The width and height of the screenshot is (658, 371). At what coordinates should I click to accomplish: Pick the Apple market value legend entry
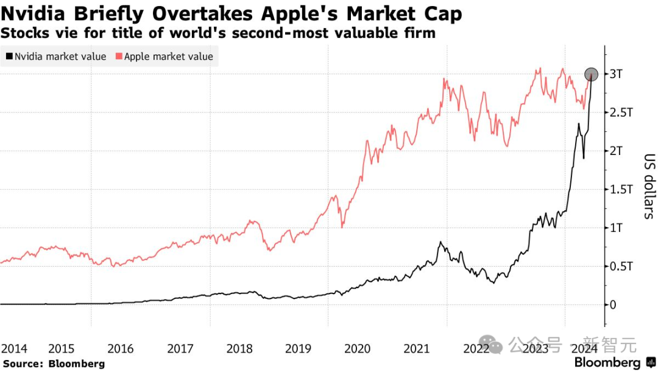(169, 57)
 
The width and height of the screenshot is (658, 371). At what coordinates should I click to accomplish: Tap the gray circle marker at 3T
(591, 74)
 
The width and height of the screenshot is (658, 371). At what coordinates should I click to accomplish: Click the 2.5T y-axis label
(620, 113)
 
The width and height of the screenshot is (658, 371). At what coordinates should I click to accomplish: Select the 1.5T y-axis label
(620, 190)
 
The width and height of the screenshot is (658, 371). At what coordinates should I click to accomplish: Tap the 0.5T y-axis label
(620, 267)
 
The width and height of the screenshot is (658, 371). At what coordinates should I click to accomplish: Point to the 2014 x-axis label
(14, 349)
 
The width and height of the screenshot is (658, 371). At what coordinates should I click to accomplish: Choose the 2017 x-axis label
(180, 349)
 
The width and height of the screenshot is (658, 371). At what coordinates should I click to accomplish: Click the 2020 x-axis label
(357, 349)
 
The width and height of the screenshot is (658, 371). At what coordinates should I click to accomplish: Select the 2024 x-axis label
(583, 349)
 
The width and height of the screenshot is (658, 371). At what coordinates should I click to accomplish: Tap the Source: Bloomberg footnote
(54, 364)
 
